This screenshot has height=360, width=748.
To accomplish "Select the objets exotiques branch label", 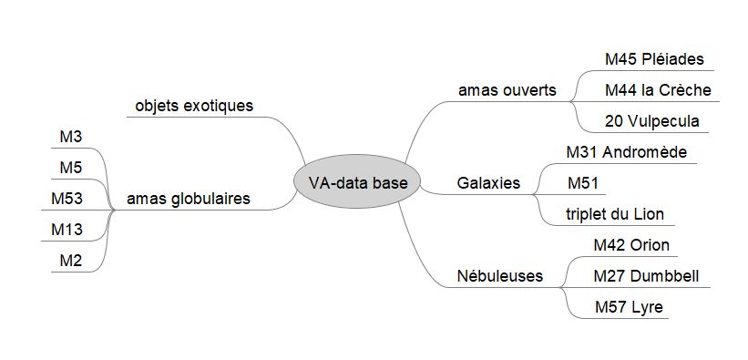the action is click(x=194, y=106).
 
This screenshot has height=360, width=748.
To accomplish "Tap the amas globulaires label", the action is click(x=189, y=199).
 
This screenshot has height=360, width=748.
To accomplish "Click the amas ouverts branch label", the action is click(x=507, y=90).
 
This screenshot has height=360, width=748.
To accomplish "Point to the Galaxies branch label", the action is click(x=488, y=183).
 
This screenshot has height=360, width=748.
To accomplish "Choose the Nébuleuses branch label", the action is click(x=500, y=275).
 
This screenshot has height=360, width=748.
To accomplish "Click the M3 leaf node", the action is click(x=71, y=137).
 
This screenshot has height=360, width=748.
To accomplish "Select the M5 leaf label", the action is click(x=71, y=168).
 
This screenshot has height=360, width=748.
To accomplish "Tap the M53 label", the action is click(x=67, y=199).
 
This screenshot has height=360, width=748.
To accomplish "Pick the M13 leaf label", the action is click(x=67, y=230).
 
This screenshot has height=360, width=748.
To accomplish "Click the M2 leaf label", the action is click(x=71, y=261).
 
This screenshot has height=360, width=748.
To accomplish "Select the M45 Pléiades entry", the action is click(x=654, y=59).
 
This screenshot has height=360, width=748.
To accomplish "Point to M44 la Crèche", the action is click(x=657, y=90).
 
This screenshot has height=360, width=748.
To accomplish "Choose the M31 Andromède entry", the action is click(x=626, y=151).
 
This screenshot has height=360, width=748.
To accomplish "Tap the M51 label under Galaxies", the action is click(x=582, y=183).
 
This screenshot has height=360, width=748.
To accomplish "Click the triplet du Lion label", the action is click(x=615, y=214).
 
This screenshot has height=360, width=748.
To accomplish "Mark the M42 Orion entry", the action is click(x=630, y=244).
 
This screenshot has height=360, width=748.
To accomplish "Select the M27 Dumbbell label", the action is click(x=646, y=275).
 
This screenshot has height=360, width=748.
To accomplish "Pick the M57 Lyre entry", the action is click(x=628, y=306).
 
